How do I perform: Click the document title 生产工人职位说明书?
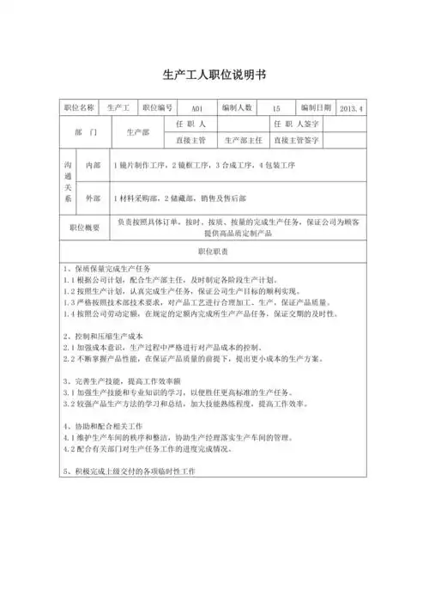pos(214,74)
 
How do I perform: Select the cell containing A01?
pos(196,109)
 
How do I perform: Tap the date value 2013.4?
pos(352,109)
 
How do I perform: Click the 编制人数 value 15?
pos(275,109)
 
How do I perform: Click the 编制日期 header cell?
pos(316,108)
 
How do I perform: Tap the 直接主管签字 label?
pos(297,138)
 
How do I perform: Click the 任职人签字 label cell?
pos(297,124)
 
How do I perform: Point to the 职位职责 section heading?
pos(214,252)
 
